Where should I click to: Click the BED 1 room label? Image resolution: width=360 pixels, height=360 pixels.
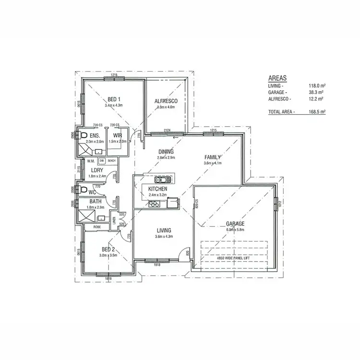pos(114,99)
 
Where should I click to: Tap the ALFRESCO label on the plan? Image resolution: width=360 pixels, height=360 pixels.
pos(166,101)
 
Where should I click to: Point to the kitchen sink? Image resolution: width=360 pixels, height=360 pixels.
pos(163,180)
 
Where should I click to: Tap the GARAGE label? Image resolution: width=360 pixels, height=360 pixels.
pos(236,224)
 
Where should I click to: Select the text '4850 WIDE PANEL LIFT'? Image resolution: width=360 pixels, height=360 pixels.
pos(234,258)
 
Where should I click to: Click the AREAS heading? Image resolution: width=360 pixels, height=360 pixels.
pos(278,78)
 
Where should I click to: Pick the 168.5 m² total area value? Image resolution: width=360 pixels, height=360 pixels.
pos(317,111)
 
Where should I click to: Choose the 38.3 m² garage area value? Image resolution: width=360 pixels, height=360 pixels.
pos(317,92)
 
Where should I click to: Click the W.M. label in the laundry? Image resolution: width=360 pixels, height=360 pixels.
pos(91,160)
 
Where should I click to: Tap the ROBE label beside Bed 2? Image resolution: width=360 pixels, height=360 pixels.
pos(97,226)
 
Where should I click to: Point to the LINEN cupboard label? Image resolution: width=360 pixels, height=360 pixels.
pos(114,219)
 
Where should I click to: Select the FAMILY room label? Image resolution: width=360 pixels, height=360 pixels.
pos(212,157)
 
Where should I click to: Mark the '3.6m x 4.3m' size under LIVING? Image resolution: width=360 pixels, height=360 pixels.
pos(163,237)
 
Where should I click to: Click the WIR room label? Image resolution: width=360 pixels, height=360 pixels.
pos(117,136)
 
